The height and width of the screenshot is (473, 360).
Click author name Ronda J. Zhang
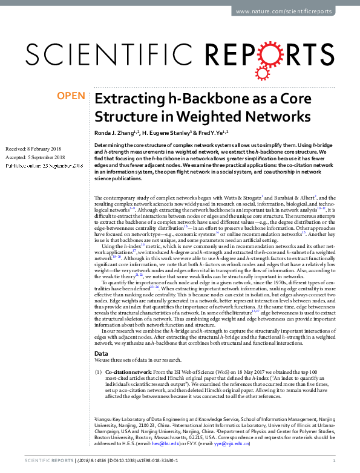pos(116,132)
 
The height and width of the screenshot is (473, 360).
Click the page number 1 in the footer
pos(335,462)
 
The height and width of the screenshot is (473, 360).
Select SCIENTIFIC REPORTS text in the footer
pos(42,462)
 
